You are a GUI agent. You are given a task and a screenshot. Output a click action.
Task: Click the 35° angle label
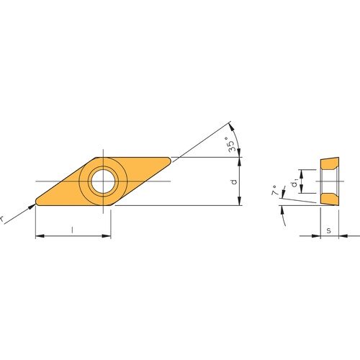tap(230, 144)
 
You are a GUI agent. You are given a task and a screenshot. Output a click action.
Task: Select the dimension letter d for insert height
tap(234, 181)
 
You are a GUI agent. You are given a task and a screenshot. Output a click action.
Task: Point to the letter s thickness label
tap(329, 230)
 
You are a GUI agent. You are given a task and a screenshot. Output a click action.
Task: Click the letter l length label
tap(72, 230)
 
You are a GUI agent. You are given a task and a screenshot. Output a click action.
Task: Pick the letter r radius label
tap(1, 219)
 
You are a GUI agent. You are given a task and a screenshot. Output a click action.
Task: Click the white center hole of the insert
tap(104, 181)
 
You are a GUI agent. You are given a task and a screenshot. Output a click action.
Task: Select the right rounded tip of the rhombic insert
tap(169, 161)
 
